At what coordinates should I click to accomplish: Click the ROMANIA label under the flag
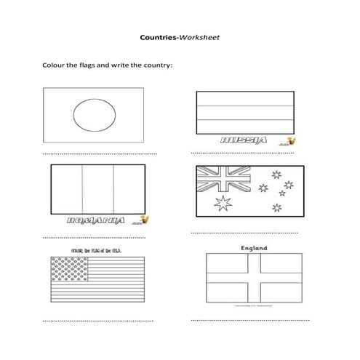click(x=93, y=220)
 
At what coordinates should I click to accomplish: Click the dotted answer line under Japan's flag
click(x=99, y=155)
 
